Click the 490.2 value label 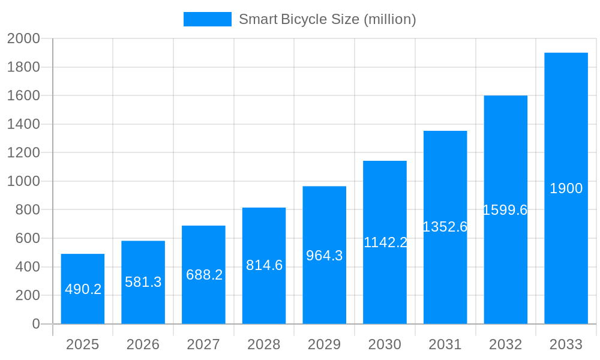(83, 289)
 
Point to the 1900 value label (566, 188)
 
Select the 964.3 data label (324, 256)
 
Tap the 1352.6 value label (445, 227)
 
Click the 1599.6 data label (505, 210)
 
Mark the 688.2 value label (204, 275)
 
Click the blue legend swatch (207, 19)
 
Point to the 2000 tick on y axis (23, 39)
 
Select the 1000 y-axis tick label (23, 181)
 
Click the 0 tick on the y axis (35, 324)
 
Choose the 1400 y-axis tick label (23, 124)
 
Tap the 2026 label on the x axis (143, 344)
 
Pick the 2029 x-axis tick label (324, 344)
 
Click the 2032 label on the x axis (505, 344)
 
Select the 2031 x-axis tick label (445, 344)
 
